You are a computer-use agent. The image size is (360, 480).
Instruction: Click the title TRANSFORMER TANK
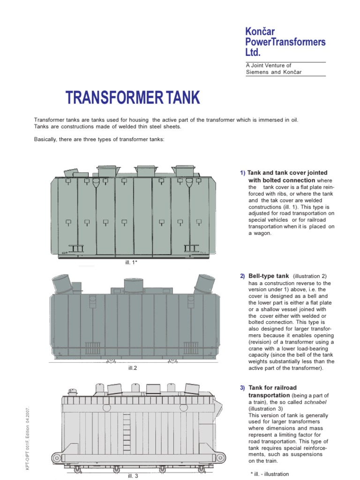(x=132, y=98)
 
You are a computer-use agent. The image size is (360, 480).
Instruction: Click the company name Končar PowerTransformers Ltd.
(x=285, y=42)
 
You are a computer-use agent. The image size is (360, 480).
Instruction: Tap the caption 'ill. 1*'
(x=131, y=262)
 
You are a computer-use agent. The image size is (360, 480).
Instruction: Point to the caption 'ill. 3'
(x=133, y=476)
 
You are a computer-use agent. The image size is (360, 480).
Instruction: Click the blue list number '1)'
(x=242, y=173)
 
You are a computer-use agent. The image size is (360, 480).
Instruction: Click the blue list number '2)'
(x=242, y=277)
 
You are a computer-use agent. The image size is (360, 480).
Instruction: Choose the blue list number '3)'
(x=242, y=388)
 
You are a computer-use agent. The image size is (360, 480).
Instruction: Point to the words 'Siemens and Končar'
(x=274, y=72)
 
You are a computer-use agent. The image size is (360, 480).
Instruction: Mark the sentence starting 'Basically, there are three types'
(x=99, y=139)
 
